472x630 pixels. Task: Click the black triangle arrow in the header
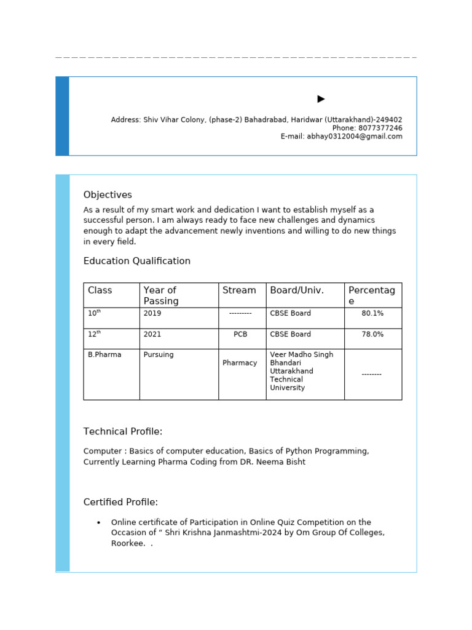321,99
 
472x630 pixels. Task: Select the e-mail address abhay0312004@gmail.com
355,137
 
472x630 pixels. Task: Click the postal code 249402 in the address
389,120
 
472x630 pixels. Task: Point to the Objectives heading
108,195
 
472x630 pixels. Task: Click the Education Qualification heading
137,261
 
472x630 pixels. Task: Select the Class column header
100,290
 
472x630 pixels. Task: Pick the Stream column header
239,290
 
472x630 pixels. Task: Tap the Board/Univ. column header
297,290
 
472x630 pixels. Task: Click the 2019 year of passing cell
152,314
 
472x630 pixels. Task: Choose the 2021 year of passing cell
152,335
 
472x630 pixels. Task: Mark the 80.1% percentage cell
372,314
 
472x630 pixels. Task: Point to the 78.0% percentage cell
372,335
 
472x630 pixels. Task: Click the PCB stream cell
240,335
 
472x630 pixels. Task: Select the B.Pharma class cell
104,355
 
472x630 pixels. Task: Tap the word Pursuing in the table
159,355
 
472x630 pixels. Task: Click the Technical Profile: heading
123,432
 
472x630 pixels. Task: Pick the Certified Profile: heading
120,503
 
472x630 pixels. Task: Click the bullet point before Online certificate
98,523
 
